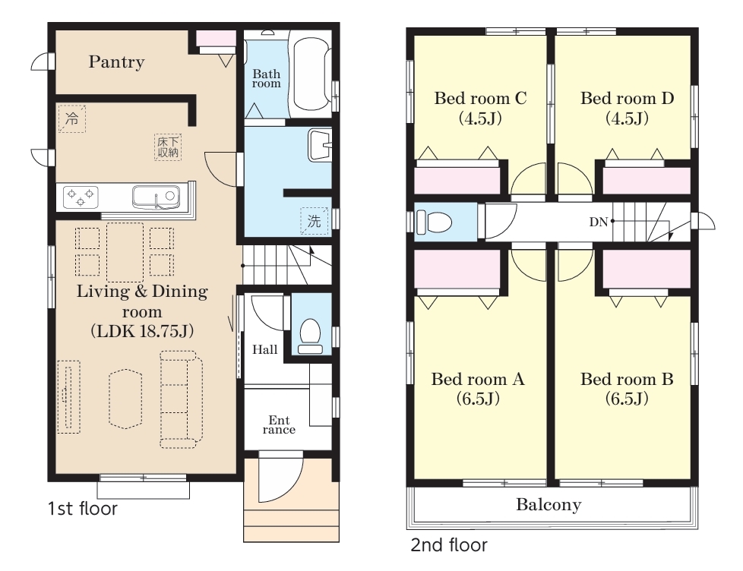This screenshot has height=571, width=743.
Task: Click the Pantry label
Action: pyautogui.click(x=116, y=62)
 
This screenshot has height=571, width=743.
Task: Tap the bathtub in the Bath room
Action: pyautogui.click(x=311, y=74)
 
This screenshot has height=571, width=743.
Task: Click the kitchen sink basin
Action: pyautogui.click(x=156, y=197)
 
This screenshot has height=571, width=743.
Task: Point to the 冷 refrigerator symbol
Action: pyautogui.click(x=72, y=118)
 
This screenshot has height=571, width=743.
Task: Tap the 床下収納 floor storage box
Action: pyautogui.click(x=168, y=147)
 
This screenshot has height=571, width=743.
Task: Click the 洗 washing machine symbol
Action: pyautogui.click(x=315, y=221)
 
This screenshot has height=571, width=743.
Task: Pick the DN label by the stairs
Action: pyautogui.click(x=599, y=222)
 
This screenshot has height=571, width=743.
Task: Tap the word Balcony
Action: pyautogui.click(x=549, y=505)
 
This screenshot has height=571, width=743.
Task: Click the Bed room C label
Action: pyautogui.click(x=480, y=98)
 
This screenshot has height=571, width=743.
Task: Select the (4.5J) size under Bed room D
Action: pyautogui.click(x=627, y=118)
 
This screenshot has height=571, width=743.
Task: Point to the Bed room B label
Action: pyautogui.click(x=627, y=379)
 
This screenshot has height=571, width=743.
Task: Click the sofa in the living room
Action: pyautogui.click(x=182, y=399)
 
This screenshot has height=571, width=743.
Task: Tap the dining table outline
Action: pyautogui.click(x=125, y=252)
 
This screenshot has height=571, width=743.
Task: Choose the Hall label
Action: pyautogui.click(x=265, y=350)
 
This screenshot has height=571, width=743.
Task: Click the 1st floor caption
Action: pyautogui.click(x=83, y=509)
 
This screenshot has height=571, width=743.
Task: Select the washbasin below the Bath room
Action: pyautogui.click(x=320, y=145)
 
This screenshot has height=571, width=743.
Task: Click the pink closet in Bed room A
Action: pyautogui.click(x=457, y=269)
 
